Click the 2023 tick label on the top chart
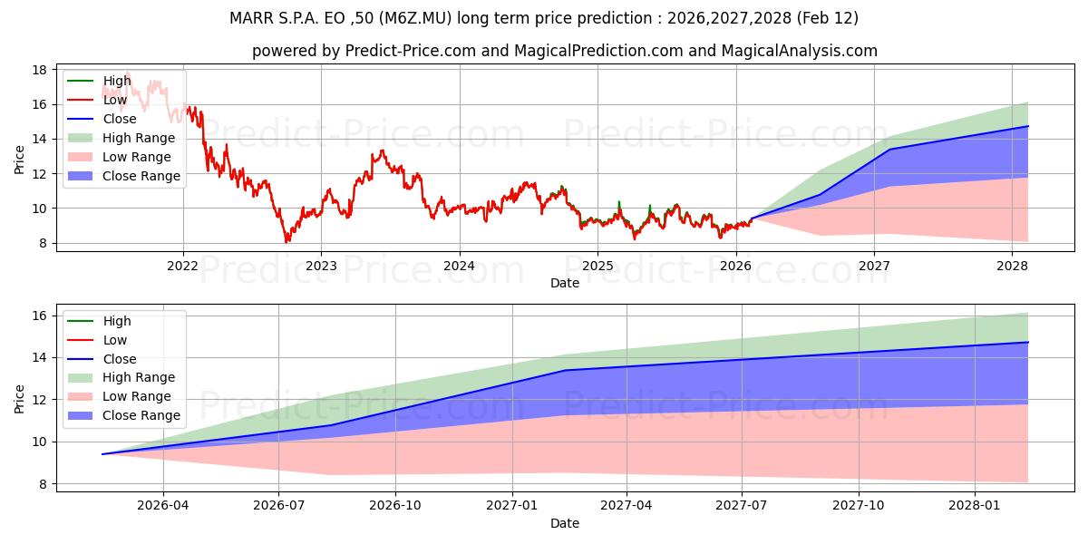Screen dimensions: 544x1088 pyautogui.click(x=321, y=266)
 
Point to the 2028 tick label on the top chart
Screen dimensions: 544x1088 pyautogui.click(x=1012, y=266)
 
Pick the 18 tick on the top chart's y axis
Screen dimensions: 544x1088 pyautogui.click(x=39, y=70)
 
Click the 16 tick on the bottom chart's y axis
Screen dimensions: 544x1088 pyautogui.click(x=39, y=316)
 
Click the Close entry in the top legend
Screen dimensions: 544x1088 pyautogui.click(x=120, y=119)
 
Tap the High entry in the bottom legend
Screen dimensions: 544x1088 pyautogui.click(x=117, y=321)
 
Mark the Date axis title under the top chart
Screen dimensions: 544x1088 pyautogui.click(x=565, y=283)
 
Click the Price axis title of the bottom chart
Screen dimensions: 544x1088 pyautogui.click(x=20, y=398)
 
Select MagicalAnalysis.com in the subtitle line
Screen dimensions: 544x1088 pyautogui.click(x=799, y=51)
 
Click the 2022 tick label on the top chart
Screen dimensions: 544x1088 pyautogui.click(x=183, y=266)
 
